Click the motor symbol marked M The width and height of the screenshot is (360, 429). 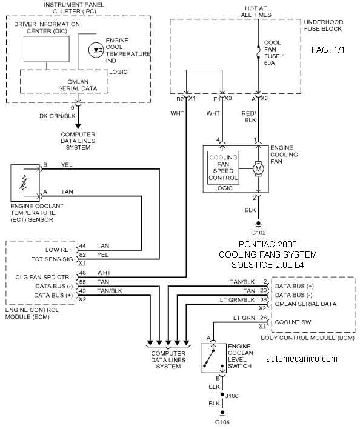click(x=258, y=168)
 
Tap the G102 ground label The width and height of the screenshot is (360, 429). click(x=258, y=233)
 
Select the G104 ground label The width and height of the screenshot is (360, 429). click(x=222, y=422)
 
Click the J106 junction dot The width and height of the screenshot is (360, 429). click(x=222, y=394)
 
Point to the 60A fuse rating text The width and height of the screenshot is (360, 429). click(x=270, y=62)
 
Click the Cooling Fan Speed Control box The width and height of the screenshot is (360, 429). click(x=223, y=168)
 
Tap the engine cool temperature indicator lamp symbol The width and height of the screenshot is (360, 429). click(x=96, y=50)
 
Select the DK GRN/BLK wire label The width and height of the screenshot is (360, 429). click(x=58, y=116)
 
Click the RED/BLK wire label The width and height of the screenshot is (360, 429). click(x=249, y=117)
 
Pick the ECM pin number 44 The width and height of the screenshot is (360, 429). click(x=82, y=245)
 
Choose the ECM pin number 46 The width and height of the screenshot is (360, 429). click(x=82, y=273)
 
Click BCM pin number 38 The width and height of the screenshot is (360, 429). click(x=263, y=299)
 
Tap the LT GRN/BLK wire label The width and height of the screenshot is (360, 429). click(x=237, y=300)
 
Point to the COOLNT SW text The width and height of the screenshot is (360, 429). click(x=293, y=322)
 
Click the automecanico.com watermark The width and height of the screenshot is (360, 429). click(x=302, y=359)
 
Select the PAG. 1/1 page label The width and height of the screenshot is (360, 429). click(x=328, y=50)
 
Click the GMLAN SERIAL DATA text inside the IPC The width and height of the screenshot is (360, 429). click(x=78, y=85)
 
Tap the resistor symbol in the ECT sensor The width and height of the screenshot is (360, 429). click(x=24, y=182)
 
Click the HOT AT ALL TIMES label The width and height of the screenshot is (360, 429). click(x=256, y=12)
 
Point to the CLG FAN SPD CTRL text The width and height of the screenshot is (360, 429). click(x=44, y=277)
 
